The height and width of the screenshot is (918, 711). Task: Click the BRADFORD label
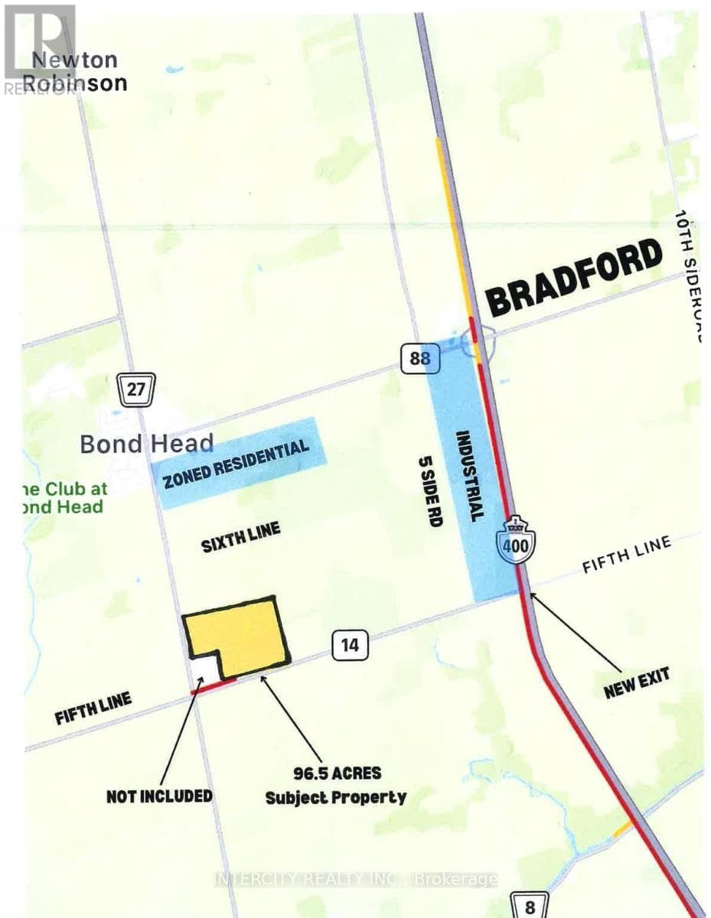[573, 277]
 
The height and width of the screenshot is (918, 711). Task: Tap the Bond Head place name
[146, 444]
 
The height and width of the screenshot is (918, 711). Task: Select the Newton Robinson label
[80, 71]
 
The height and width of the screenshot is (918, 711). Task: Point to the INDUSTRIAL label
[470, 475]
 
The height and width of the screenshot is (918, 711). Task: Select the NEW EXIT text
[636, 682]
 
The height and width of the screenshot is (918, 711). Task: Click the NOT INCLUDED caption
[158, 796]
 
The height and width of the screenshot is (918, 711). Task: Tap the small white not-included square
[204, 670]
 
